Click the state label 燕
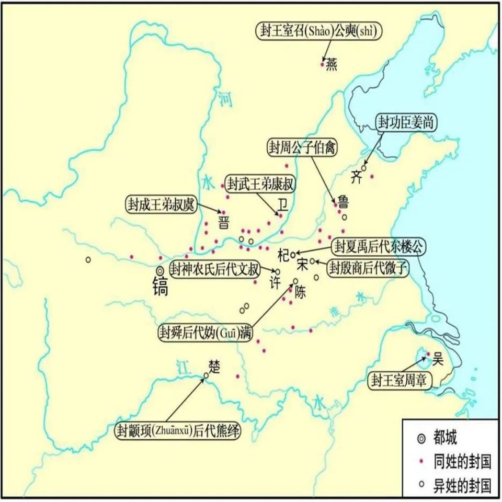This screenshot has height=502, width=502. tap(332, 64)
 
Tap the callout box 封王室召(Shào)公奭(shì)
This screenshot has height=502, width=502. tap(319, 31)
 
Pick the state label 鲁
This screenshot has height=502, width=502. tap(344, 201)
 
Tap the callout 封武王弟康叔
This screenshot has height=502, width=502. tap(261, 184)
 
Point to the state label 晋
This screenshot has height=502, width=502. tap(224, 222)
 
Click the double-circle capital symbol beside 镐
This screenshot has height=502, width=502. tap(160, 270)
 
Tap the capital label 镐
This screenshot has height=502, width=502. tap(160, 287)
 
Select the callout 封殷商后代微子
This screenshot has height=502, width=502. tap(368, 268)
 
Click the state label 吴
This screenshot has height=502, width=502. tap(438, 360)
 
